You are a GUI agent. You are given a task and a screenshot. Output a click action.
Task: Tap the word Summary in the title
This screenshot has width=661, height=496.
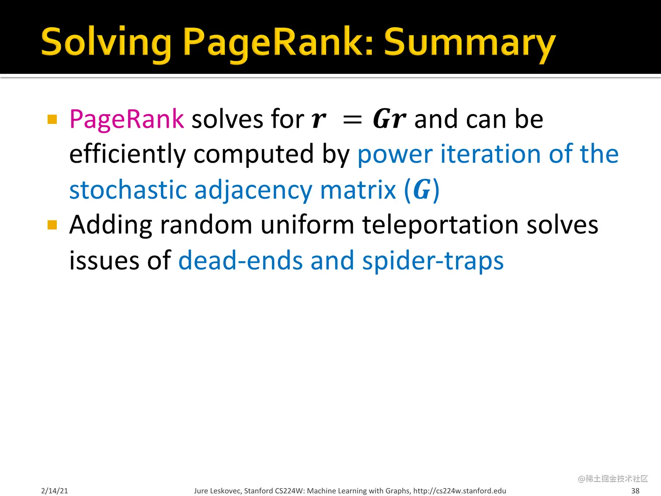tap(470, 43)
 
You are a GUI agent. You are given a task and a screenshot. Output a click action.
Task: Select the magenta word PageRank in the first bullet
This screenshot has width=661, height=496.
tap(127, 119)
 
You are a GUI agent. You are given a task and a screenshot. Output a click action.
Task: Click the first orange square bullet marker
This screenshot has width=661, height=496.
tap(52, 119)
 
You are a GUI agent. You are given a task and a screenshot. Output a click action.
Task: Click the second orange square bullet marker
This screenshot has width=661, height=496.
tap(52, 225)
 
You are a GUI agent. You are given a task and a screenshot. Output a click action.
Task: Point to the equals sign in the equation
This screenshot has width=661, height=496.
tap(352, 120)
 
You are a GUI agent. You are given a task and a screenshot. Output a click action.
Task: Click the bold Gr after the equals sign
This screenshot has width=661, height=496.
tap(389, 119)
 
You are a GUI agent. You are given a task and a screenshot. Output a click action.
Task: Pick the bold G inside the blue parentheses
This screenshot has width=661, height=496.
tap(422, 190)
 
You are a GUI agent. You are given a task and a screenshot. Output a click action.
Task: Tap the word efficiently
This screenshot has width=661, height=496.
tap(128, 154)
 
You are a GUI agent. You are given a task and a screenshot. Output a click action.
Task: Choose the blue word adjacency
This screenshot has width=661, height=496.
tap(253, 191)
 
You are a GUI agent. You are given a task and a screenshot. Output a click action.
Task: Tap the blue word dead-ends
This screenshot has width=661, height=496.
tap(240, 261)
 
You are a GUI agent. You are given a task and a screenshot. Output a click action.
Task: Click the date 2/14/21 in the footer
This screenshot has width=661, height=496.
tap(55, 491)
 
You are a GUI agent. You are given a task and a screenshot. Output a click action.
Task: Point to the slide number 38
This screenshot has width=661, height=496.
tap(635, 491)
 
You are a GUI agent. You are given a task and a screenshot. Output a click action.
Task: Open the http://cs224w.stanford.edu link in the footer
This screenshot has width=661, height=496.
tap(459, 491)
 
